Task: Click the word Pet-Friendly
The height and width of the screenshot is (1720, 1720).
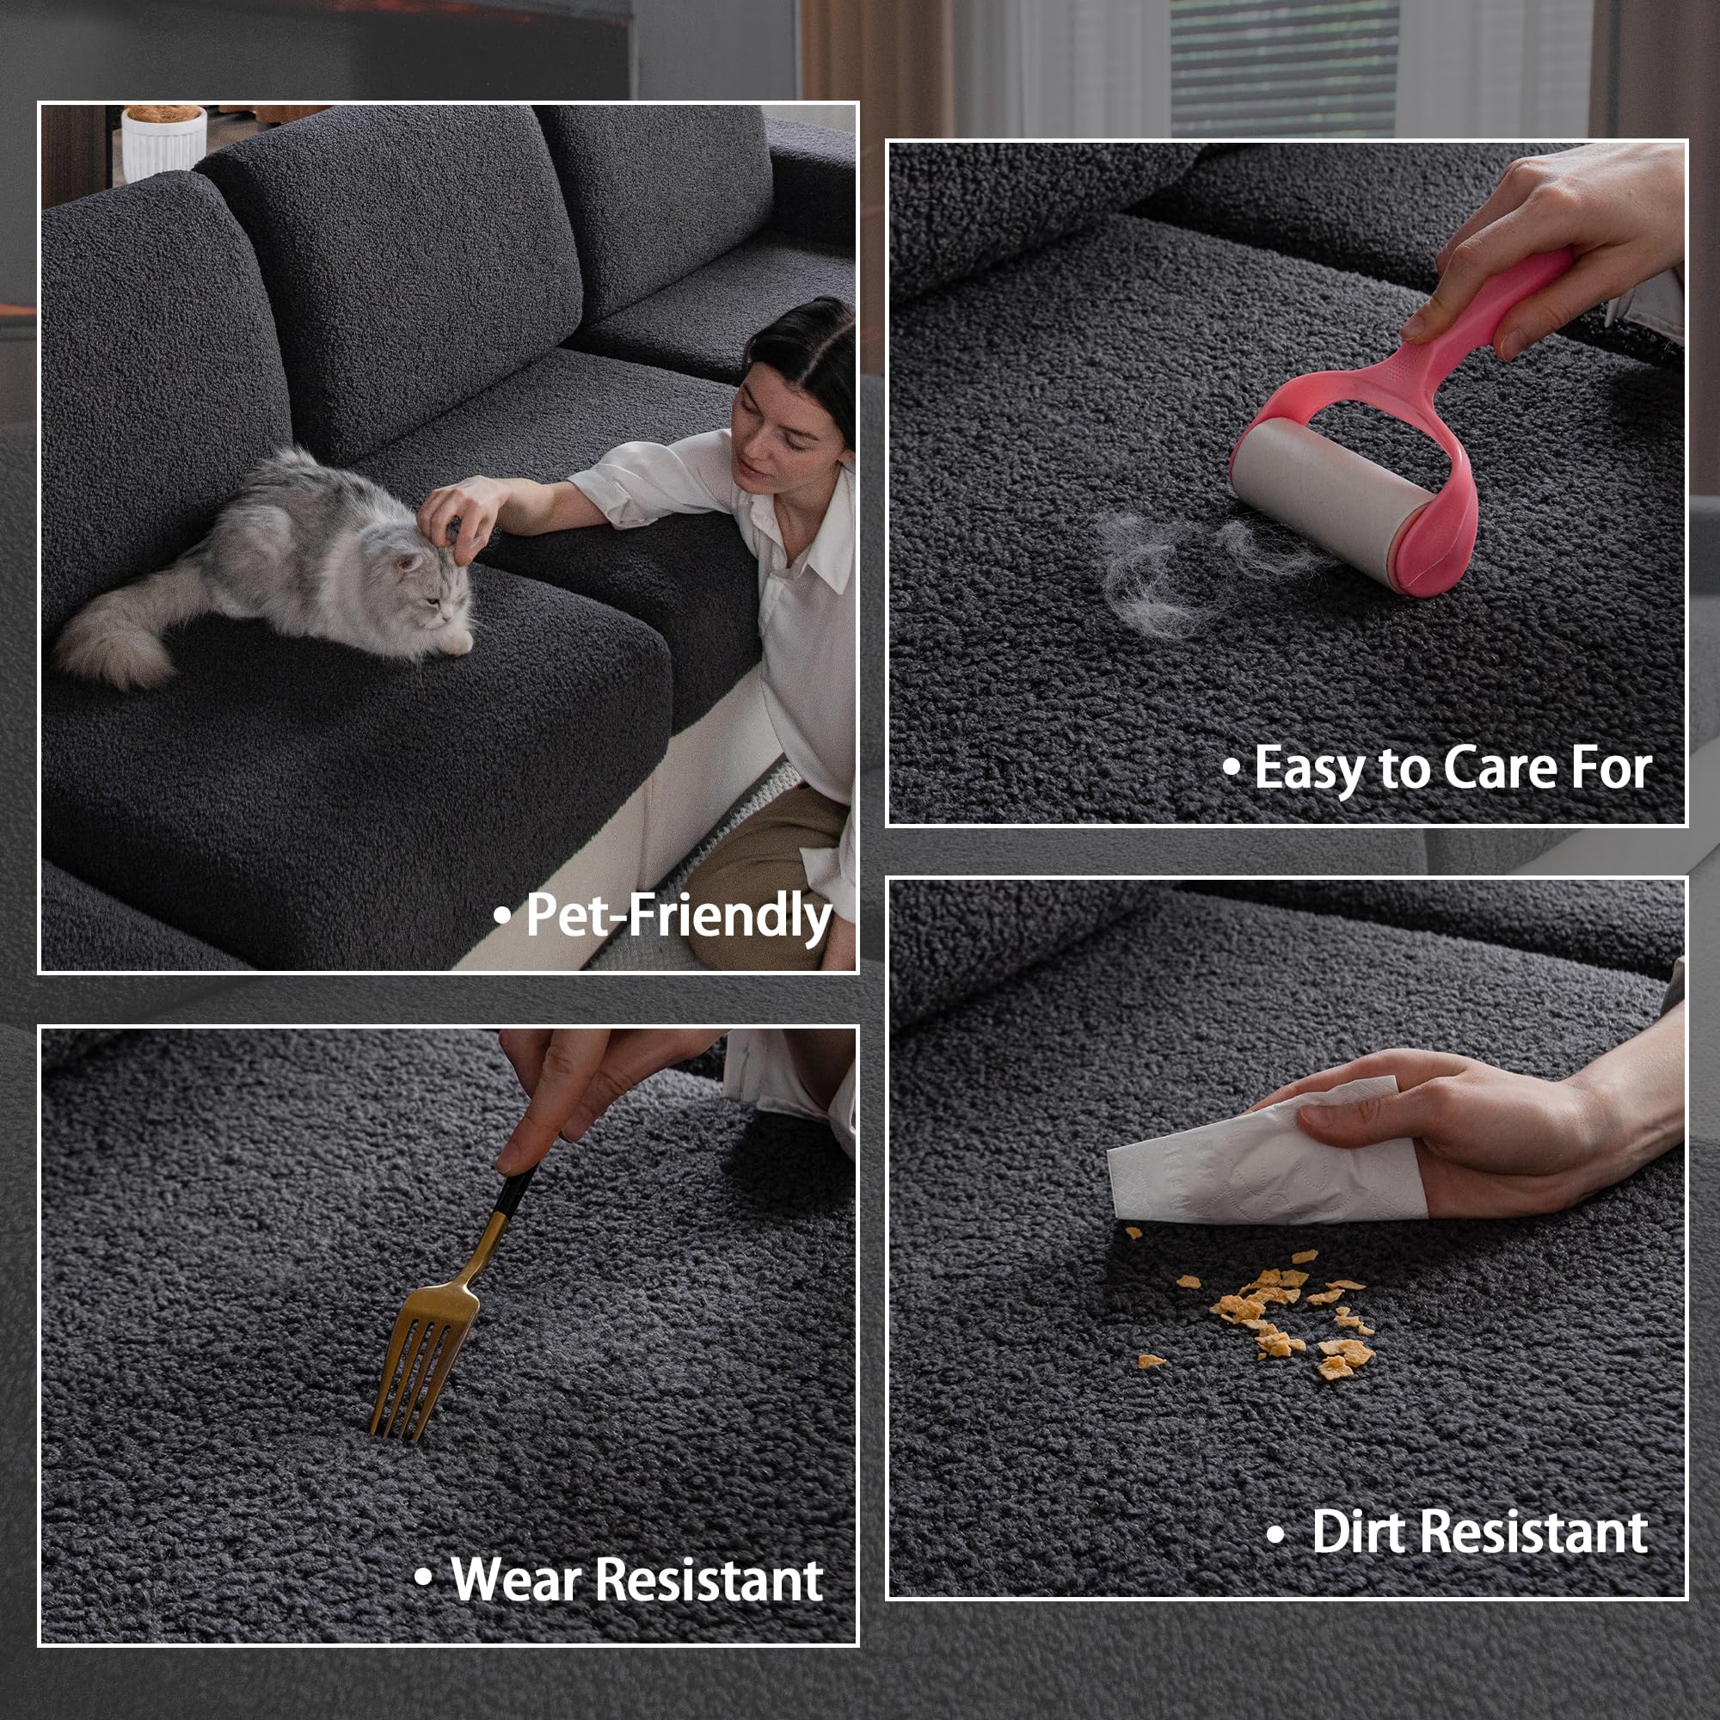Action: tap(679, 915)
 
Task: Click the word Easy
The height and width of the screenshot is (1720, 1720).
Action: tap(1310, 768)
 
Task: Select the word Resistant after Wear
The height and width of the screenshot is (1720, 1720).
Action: tap(709, 1579)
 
